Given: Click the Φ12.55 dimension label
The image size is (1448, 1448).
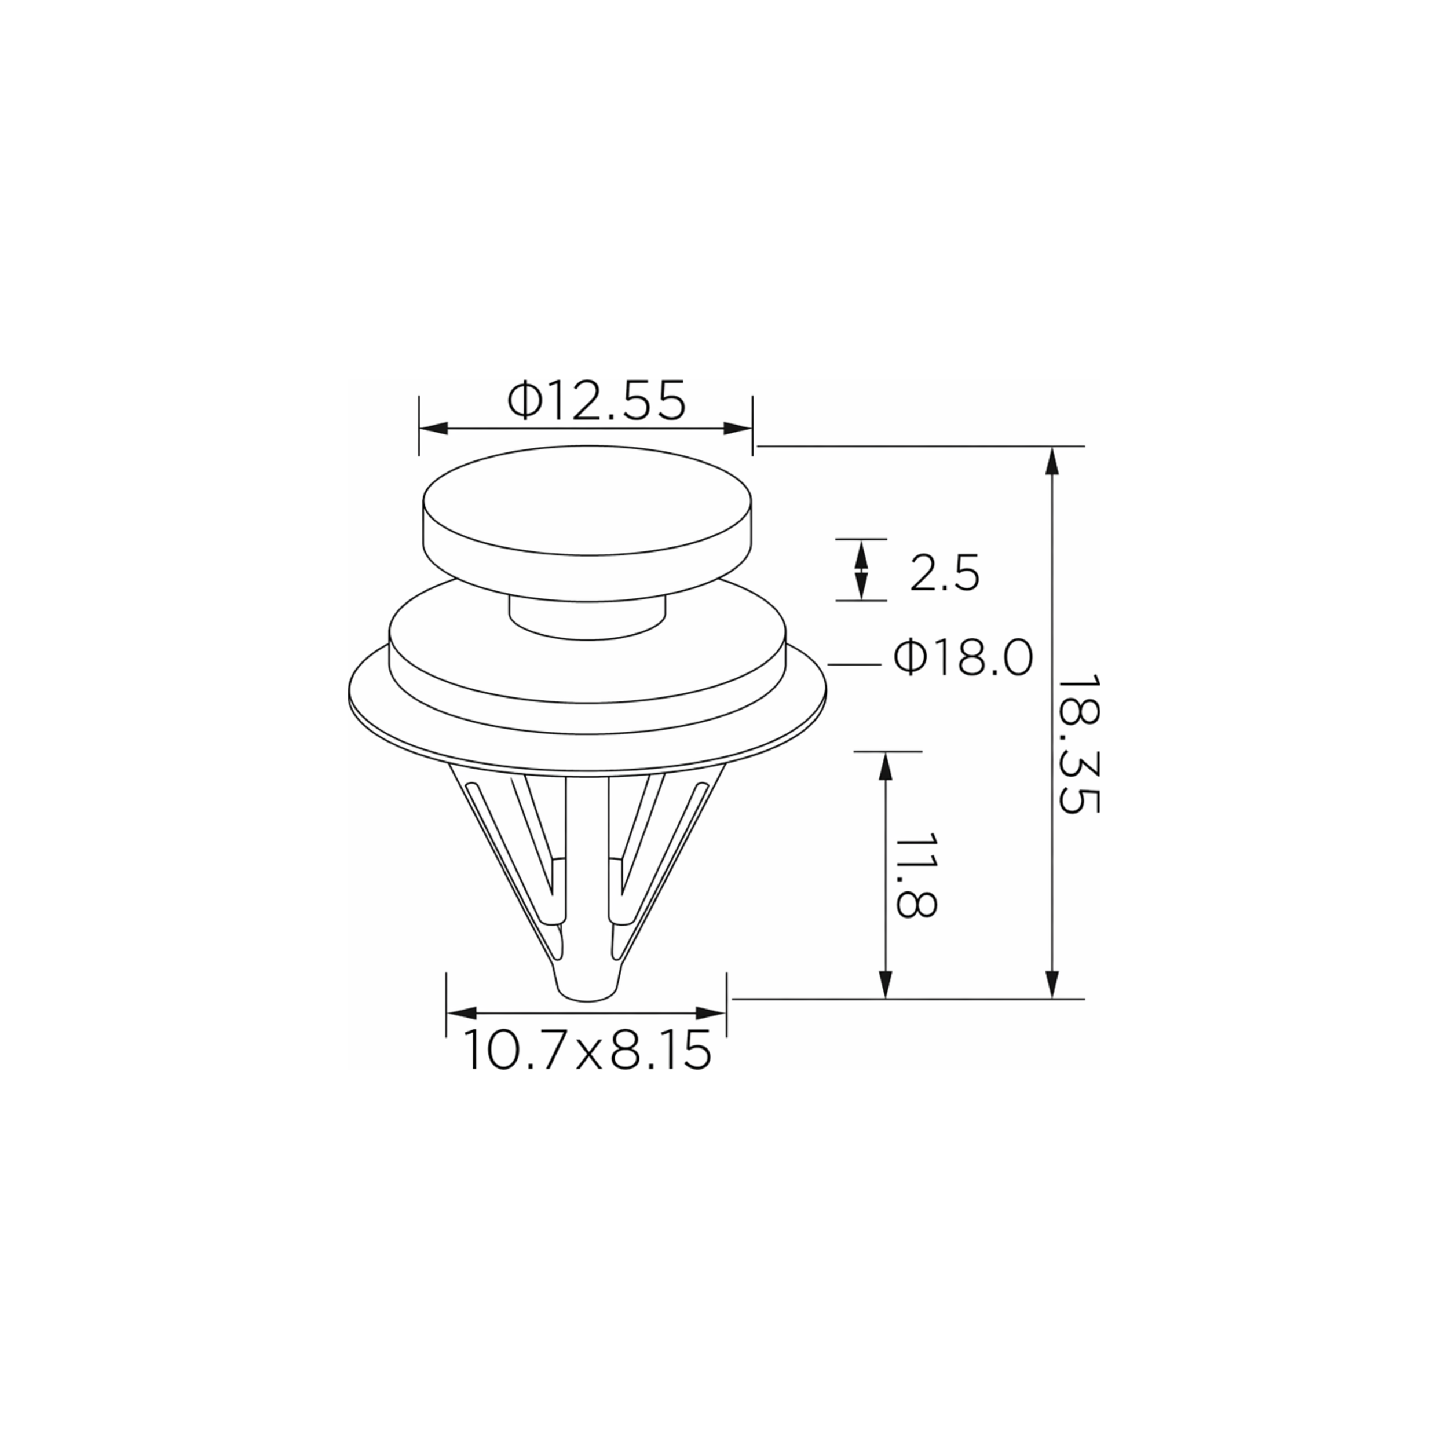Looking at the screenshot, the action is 597,400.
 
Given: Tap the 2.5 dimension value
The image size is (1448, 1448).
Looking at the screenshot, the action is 944,573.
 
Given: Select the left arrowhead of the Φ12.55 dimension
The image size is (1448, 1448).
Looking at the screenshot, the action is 433,429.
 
